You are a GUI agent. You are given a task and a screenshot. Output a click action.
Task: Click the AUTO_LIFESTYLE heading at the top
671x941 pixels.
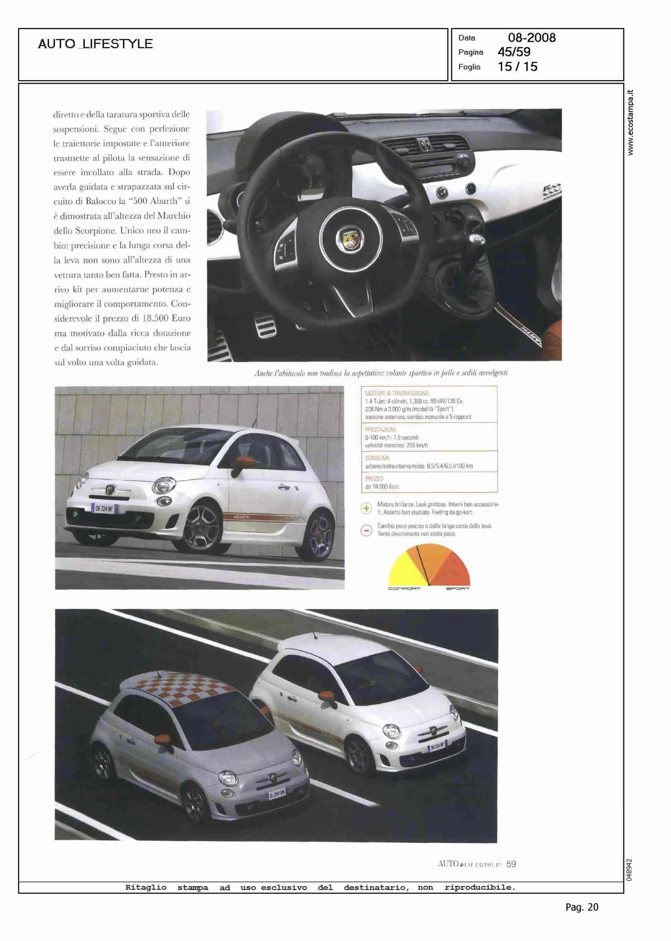click(95, 44)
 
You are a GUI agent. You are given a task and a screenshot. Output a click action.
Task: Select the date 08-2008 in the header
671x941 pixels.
click(532, 38)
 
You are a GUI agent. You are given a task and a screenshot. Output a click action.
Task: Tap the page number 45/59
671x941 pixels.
click(514, 52)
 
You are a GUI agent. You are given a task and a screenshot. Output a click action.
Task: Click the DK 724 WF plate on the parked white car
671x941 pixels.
click(104, 508)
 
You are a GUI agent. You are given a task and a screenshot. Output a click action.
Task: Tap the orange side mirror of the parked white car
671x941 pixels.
click(242, 460)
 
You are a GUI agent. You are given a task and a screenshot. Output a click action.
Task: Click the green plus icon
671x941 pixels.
click(366, 508)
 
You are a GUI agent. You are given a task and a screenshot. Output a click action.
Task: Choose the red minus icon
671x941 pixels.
click(366, 531)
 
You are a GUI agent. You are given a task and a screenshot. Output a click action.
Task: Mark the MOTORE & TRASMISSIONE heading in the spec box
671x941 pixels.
click(397, 394)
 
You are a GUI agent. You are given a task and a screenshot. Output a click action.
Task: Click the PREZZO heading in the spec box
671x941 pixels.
click(374, 478)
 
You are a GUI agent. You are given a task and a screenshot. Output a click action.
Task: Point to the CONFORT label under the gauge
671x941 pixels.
click(404, 589)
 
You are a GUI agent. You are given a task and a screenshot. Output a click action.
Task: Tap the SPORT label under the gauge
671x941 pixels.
click(457, 589)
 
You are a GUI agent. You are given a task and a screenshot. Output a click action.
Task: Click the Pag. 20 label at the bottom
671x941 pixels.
click(582, 919)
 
